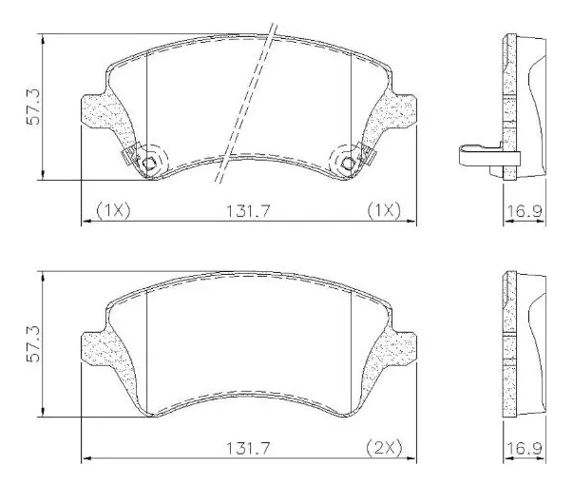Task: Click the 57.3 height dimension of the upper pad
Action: tap(32, 107)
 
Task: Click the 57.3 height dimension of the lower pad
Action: tap(32, 344)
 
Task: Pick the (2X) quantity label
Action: tap(385, 447)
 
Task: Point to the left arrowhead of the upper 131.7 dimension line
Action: tap(86, 222)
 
